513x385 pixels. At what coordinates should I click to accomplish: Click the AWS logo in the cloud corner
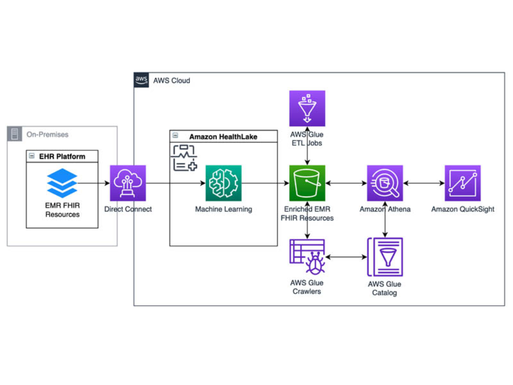click(x=141, y=80)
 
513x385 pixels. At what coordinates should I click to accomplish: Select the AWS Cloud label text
click(x=172, y=80)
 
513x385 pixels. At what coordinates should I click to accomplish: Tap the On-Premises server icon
click(x=14, y=134)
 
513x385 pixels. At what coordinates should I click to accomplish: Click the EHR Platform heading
click(x=62, y=156)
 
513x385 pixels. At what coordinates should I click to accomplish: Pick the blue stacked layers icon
click(x=62, y=183)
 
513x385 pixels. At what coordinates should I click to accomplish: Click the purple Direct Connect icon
click(x=128, y=183)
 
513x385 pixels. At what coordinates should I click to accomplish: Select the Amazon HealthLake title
click(x=223, y=136)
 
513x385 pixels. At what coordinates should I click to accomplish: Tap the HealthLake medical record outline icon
click(x=184, y=157)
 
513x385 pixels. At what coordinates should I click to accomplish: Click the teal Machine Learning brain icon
click(x=223, y=183)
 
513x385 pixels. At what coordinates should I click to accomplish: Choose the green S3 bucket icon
click(x=307, y=183)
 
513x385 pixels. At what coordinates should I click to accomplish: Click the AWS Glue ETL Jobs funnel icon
click(x=307, y=108)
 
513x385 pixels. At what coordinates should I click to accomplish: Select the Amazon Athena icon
click(x=385, y=183)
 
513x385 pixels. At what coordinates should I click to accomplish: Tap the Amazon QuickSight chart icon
click(x=462, y=183)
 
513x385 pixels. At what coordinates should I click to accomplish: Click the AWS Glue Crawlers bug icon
click(x=307, y=257)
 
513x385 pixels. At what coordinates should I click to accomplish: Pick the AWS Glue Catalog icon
click(x=385, y=257)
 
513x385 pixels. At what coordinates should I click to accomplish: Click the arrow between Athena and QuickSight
click(x=424, y=183)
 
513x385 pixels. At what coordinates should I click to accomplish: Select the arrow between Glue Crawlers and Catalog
click(x=346, y=257)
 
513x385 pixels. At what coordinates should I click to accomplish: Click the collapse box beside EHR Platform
click(x=32, y=156)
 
